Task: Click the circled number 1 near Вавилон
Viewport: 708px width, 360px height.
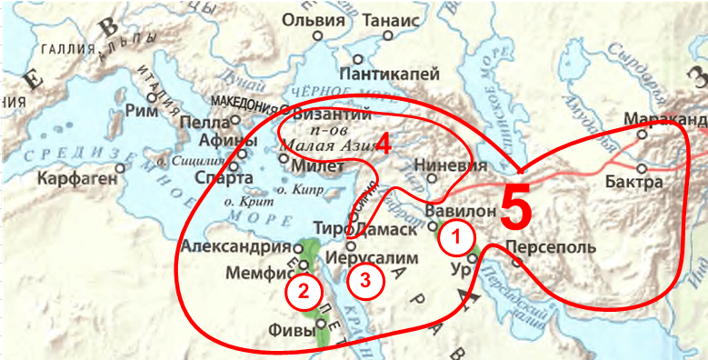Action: [x=457, y=238]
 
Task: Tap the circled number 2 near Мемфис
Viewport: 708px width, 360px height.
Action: [x=303, y=291]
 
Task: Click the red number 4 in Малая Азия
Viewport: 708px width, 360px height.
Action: [x=384, y=144]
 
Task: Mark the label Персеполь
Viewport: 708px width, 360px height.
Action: [x=550, y=247]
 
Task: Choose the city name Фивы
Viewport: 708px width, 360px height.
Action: [x=291, y=332]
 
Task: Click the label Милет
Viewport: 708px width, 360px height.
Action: [x=318, y=167]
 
